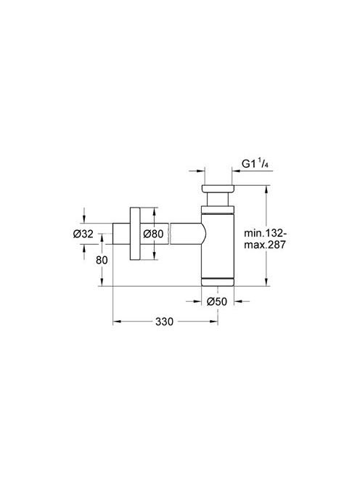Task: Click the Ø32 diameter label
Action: point(83,234)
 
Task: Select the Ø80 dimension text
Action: point(153,234)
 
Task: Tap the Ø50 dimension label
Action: point(217,301)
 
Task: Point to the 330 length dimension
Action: point(164,322)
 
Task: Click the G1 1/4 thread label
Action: point(255,165)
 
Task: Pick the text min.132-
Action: point(266,233)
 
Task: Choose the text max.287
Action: point(265,245)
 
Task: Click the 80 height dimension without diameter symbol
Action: point(102,260)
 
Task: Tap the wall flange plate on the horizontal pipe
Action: point(135,234)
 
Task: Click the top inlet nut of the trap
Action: point(218,189)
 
